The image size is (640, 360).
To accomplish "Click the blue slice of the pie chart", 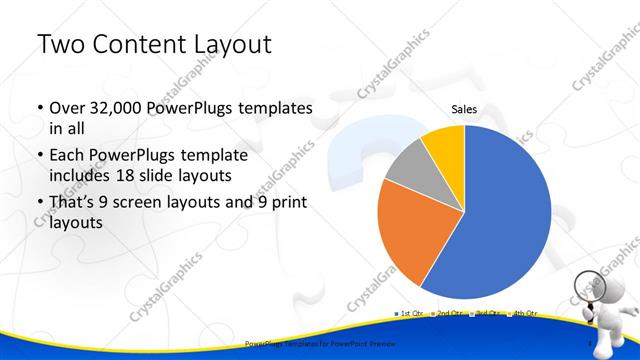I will [500, 220].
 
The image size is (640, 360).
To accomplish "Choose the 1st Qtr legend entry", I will [411, 314].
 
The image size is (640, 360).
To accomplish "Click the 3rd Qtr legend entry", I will [486, 314].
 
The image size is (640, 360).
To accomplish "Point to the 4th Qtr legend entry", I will [523, 314].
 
